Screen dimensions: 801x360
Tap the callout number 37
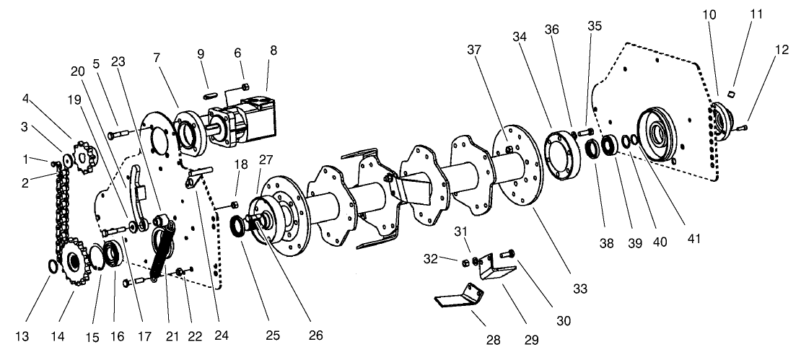pos(474,50)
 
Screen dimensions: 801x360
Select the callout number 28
pos(494,340)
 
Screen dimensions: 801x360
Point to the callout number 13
pos(22,336)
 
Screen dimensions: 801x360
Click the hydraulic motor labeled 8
pos(242,121)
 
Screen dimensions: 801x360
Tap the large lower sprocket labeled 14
pos(76,261)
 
